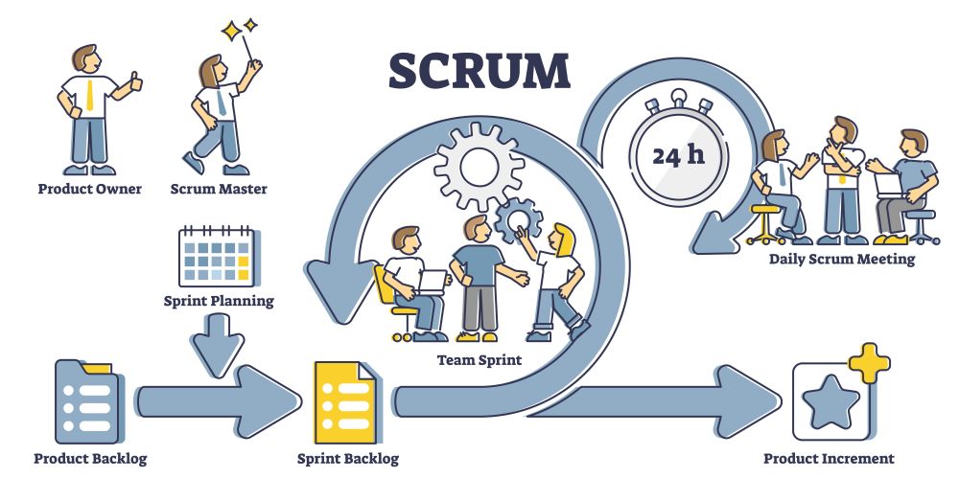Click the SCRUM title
pos(479,71)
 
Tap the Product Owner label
pos(90,189)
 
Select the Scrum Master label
pos(219,189)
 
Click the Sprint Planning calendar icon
pos(217,256)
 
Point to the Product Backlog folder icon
pos(87,401)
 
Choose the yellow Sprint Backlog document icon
pos(345,402)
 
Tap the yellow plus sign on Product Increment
pos(869,363)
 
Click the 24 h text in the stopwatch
pos(678,156)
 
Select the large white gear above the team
pos(479,166)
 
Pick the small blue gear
pos(519,220)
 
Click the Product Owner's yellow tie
pos(90,95)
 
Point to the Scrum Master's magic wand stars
pos(239,28)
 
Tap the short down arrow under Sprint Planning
pos(217,345)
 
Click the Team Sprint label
pos(479,360)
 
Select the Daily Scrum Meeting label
pos(842,259)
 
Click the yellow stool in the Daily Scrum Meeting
pos(764,223)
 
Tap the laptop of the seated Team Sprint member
pos(433,282)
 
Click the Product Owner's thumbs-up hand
pos(135,81)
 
